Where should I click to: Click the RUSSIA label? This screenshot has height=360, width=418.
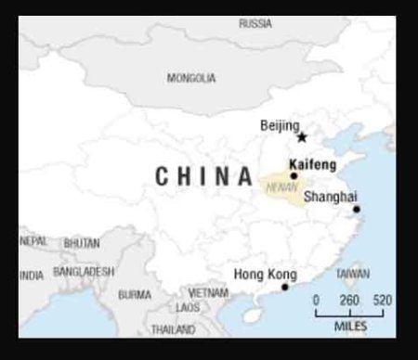[x=255, y=22]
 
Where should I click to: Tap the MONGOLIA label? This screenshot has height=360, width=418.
[x=191, y=78]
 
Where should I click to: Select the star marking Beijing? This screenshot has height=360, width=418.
[x=302, y=136]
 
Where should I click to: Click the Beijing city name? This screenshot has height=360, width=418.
[x=280, y=125]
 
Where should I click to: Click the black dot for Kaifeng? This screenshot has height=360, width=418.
[x=294, y=175]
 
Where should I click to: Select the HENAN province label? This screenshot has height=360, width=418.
[x=281, y=186]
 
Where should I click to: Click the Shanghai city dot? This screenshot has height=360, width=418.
[x=357, y=210]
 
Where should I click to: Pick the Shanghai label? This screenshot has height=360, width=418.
[x=330, y=197]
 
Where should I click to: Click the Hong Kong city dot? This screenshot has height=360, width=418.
[x=285, y=287]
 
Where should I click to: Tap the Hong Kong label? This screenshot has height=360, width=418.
[x=265, y=275]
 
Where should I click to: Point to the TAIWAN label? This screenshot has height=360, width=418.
[x=352, y=274]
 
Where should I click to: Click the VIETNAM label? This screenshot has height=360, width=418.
[x=208, y=292]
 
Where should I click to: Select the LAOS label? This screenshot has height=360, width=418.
[x=188, y=307]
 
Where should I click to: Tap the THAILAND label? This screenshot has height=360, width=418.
[x=173, y=329]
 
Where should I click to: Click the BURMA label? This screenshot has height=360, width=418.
[x=135, y=294]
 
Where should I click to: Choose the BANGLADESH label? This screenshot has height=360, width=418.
[x=84, y=272]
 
